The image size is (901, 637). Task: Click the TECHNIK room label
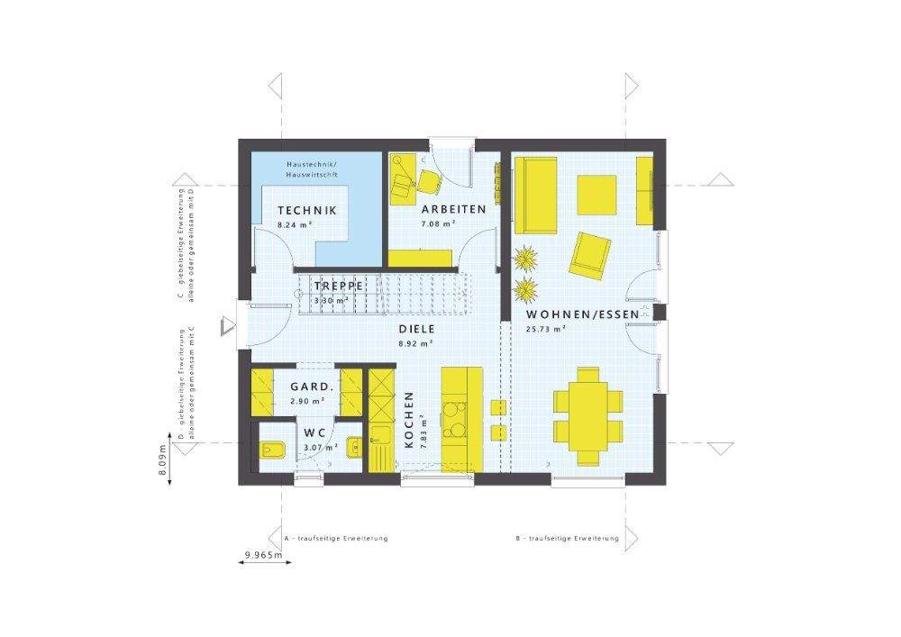[306, 210]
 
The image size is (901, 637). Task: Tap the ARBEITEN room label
[453, 209]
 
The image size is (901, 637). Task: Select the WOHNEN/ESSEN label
[582, 314]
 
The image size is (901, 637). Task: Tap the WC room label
[314, 432]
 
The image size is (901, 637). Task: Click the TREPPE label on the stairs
[338, 286]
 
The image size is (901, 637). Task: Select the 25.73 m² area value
[545, 330]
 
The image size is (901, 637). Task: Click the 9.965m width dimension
[263, 555]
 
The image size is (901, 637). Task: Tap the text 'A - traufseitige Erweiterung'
[335, 538]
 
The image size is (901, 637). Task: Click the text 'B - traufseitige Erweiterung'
[567, 538]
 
